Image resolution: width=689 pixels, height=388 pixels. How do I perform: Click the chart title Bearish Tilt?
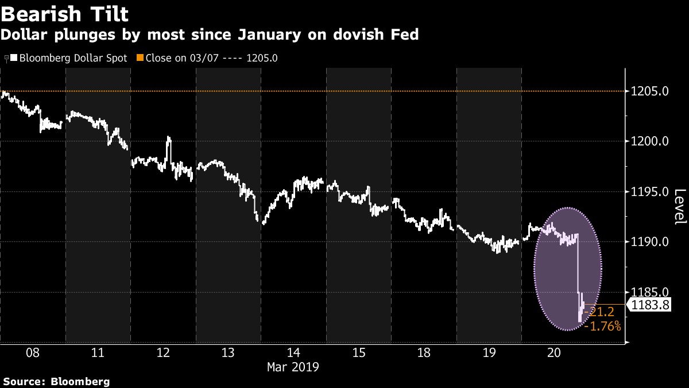tap(64, 13)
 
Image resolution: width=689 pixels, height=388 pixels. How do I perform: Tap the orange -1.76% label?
tap(602, 326)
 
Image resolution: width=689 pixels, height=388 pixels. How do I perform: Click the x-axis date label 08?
tap(33, 353)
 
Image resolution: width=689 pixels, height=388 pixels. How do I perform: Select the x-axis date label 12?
tap(163, 353)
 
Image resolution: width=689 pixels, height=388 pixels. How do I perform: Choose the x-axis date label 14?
tap(293, 353)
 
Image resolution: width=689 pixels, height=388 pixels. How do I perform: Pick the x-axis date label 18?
tap(424, 353)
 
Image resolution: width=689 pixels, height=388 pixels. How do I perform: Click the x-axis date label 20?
tap(554, 353)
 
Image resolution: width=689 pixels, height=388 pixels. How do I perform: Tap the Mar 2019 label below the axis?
tap(293, 366)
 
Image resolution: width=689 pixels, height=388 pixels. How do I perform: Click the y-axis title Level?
tap(680, 206)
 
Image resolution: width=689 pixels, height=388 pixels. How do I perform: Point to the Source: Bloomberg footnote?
tap(56, 381)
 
